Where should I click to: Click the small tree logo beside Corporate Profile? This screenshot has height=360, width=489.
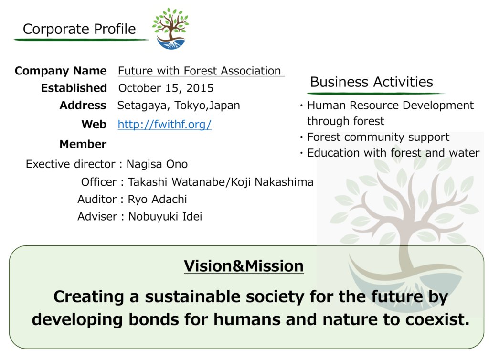coord(170,29)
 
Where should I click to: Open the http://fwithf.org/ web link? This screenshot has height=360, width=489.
coord(165,124)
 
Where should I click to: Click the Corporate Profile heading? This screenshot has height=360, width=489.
coord(79,29)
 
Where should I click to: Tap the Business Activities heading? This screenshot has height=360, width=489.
coord(372,82)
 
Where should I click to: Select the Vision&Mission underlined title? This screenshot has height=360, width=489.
coord(244,266)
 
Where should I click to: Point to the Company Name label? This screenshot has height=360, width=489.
coord(61,71)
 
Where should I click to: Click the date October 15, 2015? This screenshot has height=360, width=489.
coord(166,88)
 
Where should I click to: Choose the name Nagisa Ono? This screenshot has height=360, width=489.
coord(157,164)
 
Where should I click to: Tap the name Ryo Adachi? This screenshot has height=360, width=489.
coord(158,199)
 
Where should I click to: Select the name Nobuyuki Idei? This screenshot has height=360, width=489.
coord(165,217)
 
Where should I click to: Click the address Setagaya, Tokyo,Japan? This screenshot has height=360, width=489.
coord(179,106)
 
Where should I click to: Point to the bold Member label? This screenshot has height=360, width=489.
coord(83,144)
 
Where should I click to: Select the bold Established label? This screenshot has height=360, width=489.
coord(74,88)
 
